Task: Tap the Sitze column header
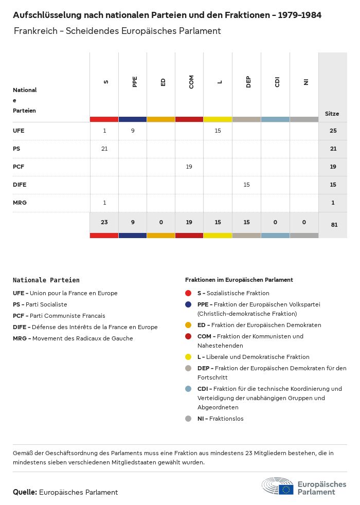click(x=332, y=114)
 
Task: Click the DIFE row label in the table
click(x=20, y=185)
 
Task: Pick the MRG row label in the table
click(x=20, y=203)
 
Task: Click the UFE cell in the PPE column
click(x=133, y=131)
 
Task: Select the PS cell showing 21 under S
click(x=104, y=149)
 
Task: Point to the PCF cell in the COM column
click(x=189, y=167)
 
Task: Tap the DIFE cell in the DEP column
click(x=246, y=185)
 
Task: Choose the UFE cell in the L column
click(x=218, y=131)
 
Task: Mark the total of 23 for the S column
click(x=104, y=222)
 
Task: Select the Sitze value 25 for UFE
click(x=333, y=131)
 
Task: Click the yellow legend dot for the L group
click(x=188, y=357)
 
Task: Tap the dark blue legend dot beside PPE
click(x=188, y=304)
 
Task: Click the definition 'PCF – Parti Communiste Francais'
click(x=59, y=316)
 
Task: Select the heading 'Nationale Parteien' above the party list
click(x=46, y=280)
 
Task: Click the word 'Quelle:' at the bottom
click(x=25, y=492)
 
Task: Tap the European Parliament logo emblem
click(x=278, y=486)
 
